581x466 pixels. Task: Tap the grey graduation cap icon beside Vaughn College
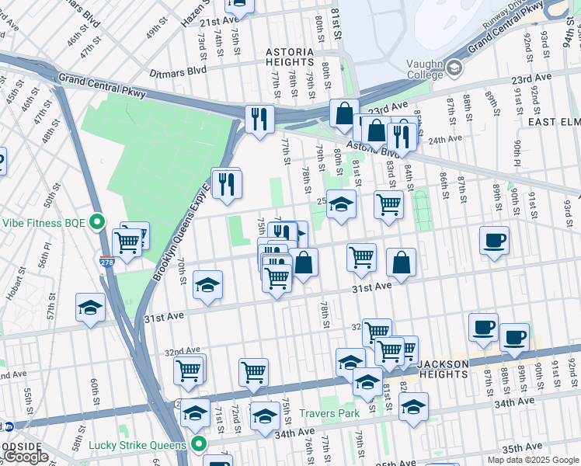pyautogui.click(x=454, y=69)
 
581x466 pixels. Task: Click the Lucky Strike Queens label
pyautogui.click(x=137, y=444)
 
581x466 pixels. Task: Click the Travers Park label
pyautogui.click(x=330, y=414)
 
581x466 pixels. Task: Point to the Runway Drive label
pyautogui.click(x=506, y=16)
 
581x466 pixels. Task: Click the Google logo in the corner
pyautogui.click(x=25, y=457)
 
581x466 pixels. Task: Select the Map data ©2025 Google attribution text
pyautogui.click(x=533, y=460)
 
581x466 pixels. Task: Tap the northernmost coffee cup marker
pyautogui.click(x=493, y=239)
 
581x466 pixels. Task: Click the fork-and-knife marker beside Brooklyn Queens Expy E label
pyautogui.click(x=226, y=184)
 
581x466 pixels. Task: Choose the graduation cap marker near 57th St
pyautogui.click(x=90, y=308)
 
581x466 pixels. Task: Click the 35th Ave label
pyautogui.click(x=522, y=447)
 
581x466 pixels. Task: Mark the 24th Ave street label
pyautogui.click(x=445, y=138)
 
